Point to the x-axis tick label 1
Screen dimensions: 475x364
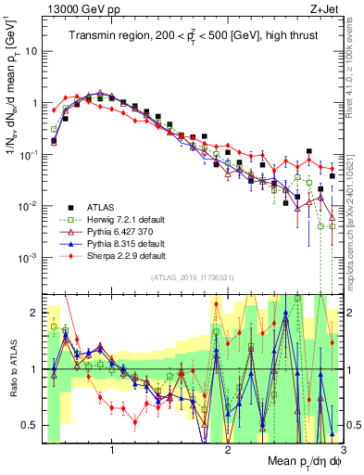(112, 450)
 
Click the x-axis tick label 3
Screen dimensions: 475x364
(343, 450)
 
